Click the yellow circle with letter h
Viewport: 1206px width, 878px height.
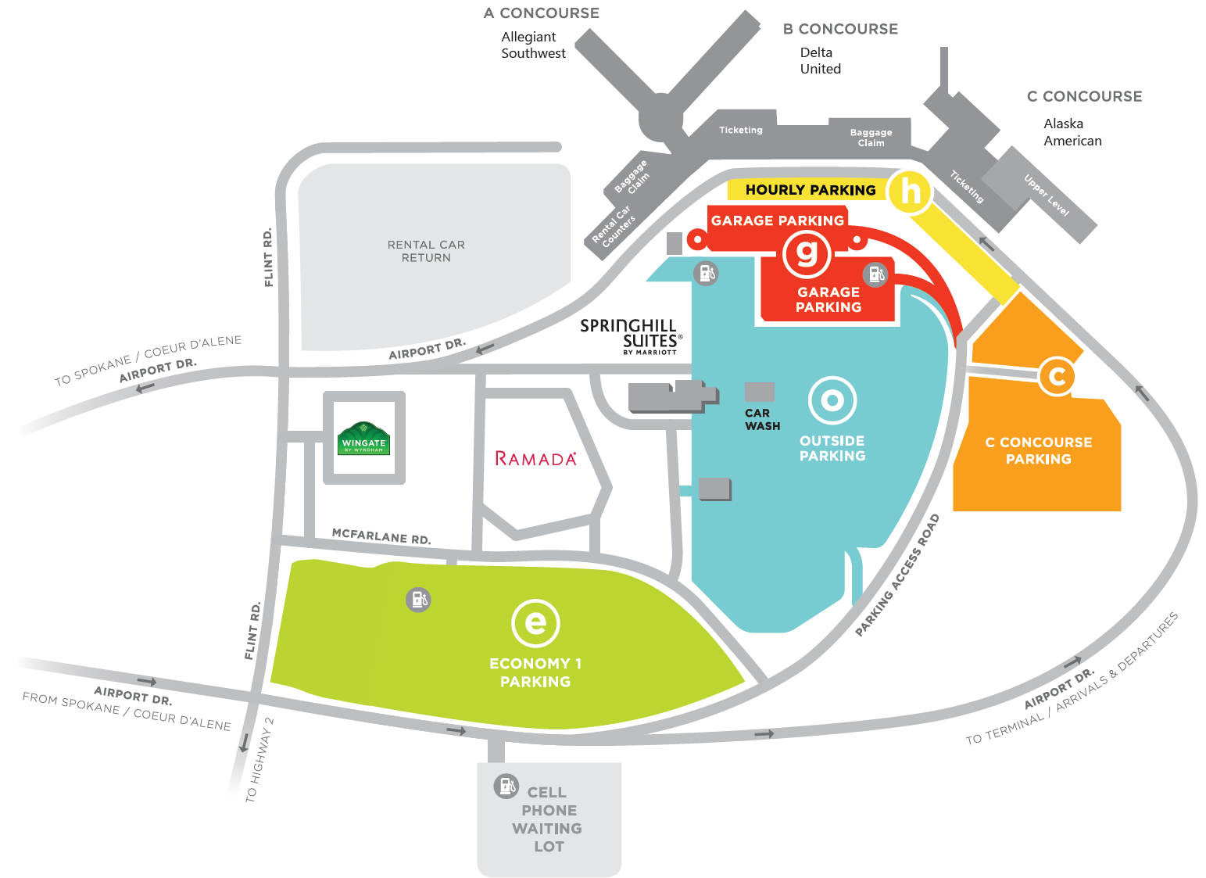pos(911,192)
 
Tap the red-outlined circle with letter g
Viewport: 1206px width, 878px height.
pos(807,253)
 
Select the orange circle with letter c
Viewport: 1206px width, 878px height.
pos(1057,377)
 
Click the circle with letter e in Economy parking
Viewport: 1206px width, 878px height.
pos(535,623)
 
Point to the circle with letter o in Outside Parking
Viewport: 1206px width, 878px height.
pos(832,401)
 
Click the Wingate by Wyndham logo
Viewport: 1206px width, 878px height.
pos(364,439)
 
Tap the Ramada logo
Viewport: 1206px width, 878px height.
pos(535,459)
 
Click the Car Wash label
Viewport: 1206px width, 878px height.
pos(762,420)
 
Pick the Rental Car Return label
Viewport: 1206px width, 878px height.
pos(427,251)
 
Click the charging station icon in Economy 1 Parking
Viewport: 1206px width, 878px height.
pos(418,600)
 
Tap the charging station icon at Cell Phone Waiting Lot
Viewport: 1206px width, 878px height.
pos(506,786)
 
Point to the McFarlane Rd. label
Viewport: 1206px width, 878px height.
pos(381,536)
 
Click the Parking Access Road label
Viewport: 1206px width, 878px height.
pos(897,575)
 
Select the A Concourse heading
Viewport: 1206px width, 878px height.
pos(542,13)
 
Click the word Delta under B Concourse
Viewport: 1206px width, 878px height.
pos(816,52)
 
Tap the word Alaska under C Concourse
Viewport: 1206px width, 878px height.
pos(1063,124)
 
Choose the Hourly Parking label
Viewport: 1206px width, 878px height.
pos(811,190)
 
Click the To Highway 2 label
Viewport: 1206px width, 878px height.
pos(259,760)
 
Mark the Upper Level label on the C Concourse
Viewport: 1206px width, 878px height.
pos(1047,195)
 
